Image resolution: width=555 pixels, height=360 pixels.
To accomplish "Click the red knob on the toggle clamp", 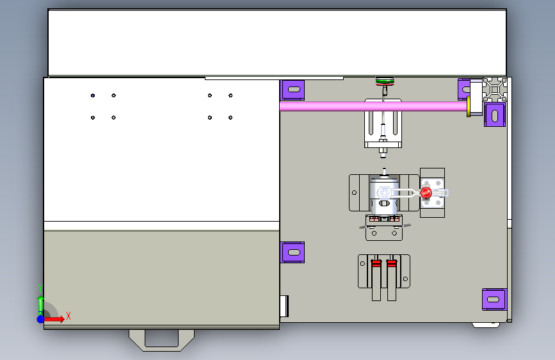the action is (x=426, y=193).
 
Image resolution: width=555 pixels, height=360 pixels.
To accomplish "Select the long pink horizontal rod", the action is (x=373, y=106).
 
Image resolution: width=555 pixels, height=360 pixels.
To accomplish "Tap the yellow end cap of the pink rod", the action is (x=469, y=106).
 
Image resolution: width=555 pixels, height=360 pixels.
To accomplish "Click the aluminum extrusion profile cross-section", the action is (x=495, y=90).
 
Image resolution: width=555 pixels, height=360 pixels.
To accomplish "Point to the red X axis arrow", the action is (x=54, y=319).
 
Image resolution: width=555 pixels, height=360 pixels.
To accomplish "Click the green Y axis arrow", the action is (x=41, y=306).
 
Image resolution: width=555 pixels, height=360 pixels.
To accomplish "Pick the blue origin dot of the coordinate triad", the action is (x=41, y=319).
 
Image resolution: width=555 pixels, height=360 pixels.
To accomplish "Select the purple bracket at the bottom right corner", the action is (x=494, y=299).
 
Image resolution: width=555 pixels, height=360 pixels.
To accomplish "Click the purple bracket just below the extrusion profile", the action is (x=495, y=115).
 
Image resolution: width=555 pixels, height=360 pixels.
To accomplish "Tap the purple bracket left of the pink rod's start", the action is (x=293, y=90).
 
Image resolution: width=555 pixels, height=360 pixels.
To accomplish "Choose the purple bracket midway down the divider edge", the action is (x=293, y=252).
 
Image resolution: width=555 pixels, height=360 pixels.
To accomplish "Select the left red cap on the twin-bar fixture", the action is (x=376, y=263).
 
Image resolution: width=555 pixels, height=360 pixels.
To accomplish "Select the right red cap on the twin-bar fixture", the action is (x=392, y=263).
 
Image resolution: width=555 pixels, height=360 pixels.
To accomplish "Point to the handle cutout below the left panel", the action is (x=161, y=340).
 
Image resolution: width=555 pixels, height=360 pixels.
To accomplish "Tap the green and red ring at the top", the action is (x=385, y=81).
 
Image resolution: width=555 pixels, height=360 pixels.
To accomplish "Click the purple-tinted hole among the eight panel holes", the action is (x=93, y=95).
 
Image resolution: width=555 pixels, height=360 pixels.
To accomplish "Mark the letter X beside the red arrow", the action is (x=68, y=316).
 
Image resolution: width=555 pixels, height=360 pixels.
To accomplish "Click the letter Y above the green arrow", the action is (x=40, y=288).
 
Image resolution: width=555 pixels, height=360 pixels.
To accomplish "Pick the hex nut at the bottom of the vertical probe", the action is (x=383, y=151).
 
